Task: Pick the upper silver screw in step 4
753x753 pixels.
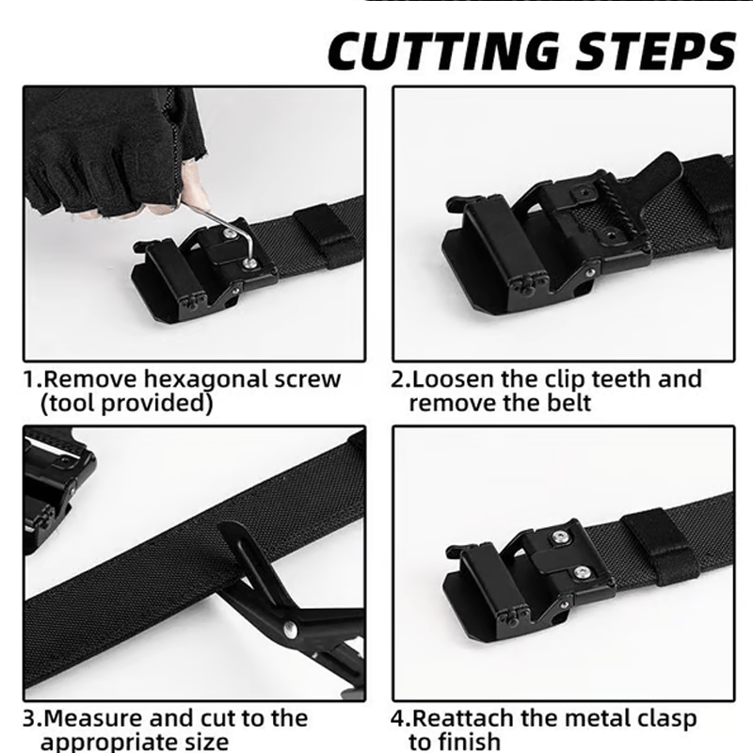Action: tap(561, 537)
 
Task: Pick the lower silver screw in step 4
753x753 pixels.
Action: tap(585, 569)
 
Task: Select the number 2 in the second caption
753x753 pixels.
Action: tap(398, 380)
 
